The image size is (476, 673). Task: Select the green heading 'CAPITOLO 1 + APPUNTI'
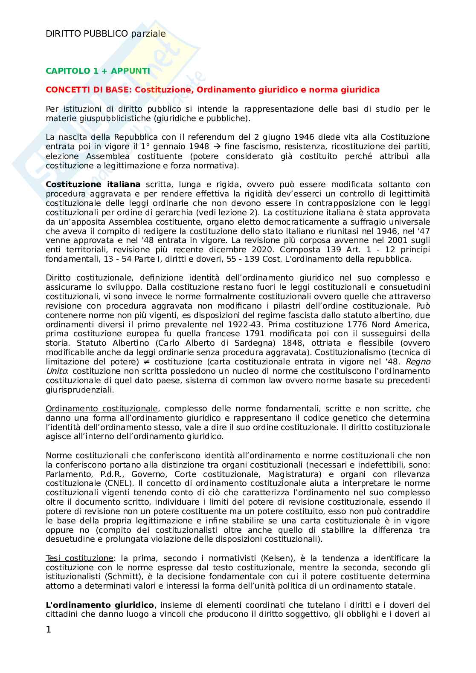98,71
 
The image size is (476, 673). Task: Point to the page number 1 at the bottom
48,629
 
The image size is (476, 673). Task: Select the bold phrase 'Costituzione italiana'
93,185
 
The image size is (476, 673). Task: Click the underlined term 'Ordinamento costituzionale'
102,409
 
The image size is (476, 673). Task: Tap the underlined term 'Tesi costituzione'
79,558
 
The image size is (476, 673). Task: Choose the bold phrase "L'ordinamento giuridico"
100,605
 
